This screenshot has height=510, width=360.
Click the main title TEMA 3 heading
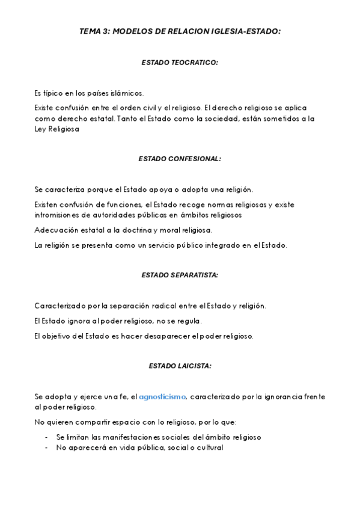click(x=180, y=31)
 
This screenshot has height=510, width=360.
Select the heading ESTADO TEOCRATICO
click(x=180, y=62)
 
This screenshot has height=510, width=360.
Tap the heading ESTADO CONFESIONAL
click(x=180, y=159)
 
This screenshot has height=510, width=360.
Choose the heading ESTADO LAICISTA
click(x=180, y=365)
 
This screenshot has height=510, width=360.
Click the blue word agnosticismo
click(x=163, y=396)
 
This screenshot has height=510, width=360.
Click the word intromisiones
click(x=58, y=215)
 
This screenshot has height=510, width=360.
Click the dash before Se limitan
click(x=47, y=437)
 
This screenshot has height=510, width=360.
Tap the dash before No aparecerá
click(x=47, y=447)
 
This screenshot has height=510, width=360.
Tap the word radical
click(x=183, y=306)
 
